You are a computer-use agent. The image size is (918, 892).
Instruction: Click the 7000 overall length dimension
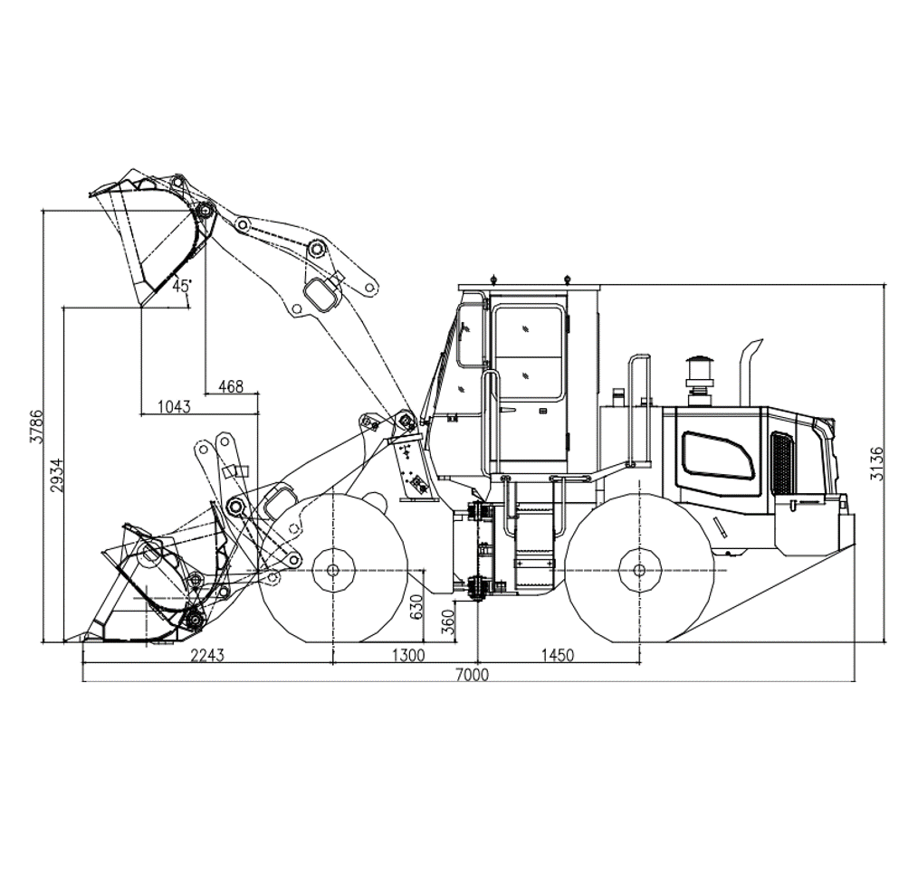pos(472,675)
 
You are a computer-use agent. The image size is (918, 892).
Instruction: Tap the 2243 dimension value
pos(208,655)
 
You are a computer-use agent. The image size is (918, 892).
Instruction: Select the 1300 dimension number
pos(408,655)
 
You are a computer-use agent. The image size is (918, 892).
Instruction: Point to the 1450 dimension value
pos(558,655)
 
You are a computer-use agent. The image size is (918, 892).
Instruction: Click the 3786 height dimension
pos(36,427)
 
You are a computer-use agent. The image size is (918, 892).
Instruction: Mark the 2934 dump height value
pos(56,474)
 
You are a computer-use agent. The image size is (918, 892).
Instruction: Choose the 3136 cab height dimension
pos(876,463)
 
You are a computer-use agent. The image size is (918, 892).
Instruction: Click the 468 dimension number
pos(231,386)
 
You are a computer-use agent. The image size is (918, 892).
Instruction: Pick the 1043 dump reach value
pos(175,406)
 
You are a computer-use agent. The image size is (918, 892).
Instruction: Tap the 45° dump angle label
pos(181,286)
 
